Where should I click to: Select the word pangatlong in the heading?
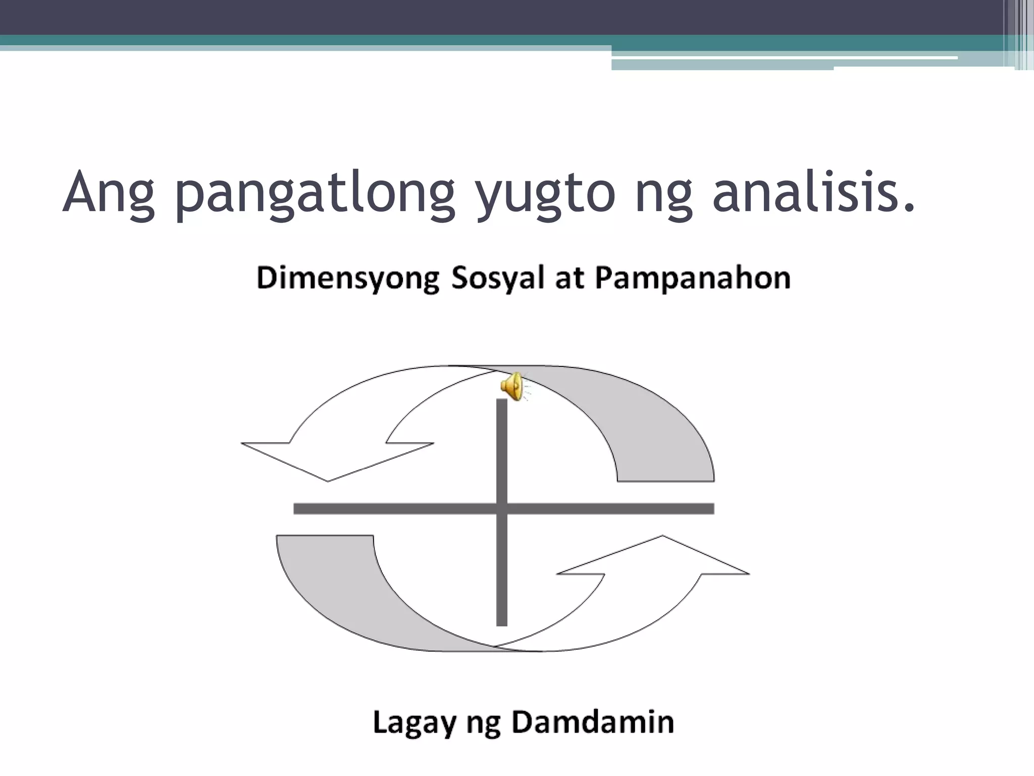coord(315,195)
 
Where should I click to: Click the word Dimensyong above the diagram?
coord(348,279)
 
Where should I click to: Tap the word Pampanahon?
coord(693,279)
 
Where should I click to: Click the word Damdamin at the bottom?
coord(593,723)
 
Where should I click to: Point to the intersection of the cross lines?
coord(502,509)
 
